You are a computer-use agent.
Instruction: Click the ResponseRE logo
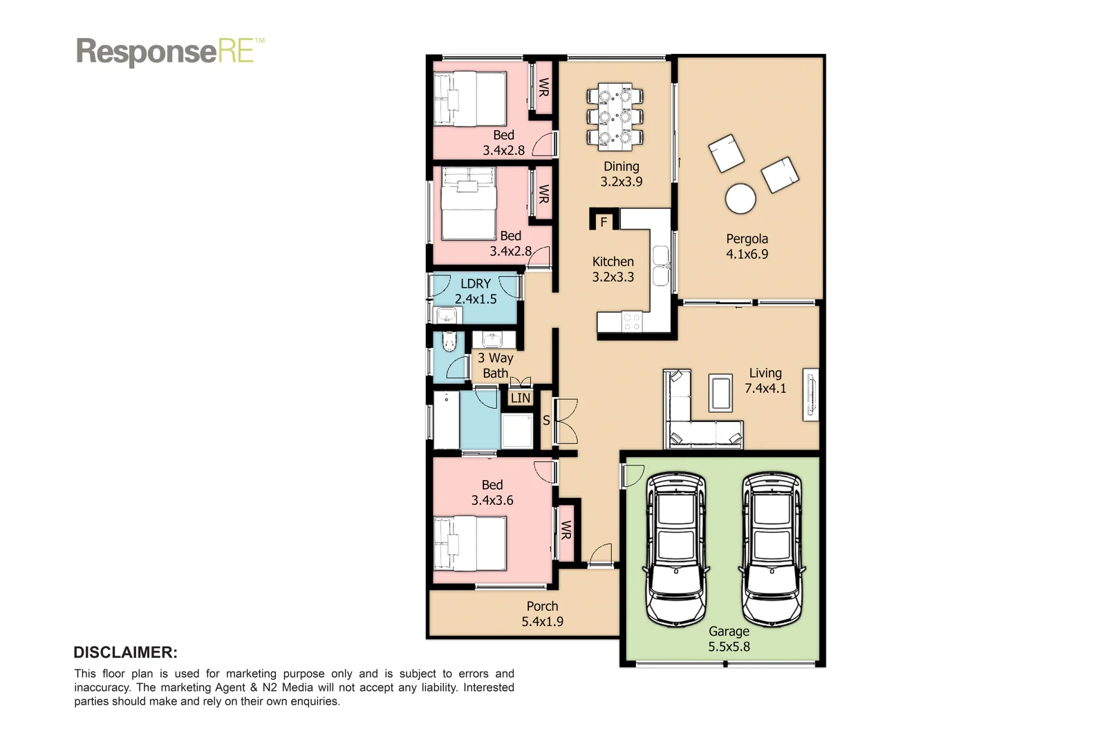coord(169,52)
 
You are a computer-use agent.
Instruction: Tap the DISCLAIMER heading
coord(125,652)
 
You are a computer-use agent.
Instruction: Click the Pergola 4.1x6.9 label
coord(747,246)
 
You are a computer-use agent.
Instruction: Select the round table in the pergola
coord(740,199)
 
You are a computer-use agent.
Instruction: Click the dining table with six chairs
coord(615,117)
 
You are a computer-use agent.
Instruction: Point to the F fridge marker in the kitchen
coord(604,222)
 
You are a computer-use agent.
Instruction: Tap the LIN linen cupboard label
coord(521,398)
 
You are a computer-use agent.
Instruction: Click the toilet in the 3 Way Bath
coord(449,342)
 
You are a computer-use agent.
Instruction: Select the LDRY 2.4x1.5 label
coord(476,291)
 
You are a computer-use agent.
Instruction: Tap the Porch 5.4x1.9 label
coord(542,614)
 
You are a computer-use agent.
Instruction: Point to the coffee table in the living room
coord(720,393)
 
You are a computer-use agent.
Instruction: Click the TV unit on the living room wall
coord(810,394)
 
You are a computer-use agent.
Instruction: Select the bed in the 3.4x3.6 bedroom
coord(469,543)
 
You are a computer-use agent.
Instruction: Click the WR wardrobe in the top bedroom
coord(543,88)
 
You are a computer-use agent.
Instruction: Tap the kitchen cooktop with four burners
coord(631,322)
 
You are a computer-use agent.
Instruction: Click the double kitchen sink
coord(661,266)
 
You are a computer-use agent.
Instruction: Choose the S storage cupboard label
coord(546,420)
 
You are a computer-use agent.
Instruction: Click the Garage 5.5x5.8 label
coord(729,638)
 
